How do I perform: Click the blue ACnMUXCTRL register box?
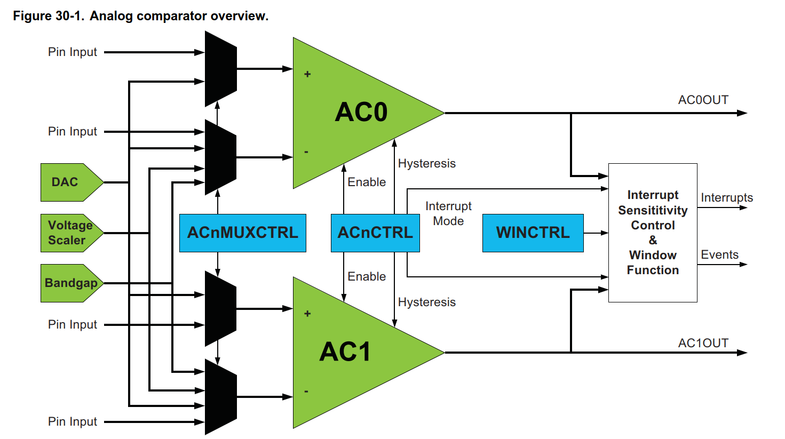click(243, 233)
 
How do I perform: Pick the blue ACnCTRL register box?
click(375, 233)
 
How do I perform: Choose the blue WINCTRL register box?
click(533, 233)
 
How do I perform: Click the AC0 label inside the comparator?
click(361, 113)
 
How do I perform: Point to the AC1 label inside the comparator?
click(345, 352)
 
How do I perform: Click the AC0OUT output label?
click(703, 100)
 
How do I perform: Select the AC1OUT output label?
click(703, 344)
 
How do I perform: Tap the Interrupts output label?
click(726, 198)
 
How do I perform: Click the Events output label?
click(719, 255)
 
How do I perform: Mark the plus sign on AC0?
click(307, 74)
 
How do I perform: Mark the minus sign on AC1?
click(306, 392)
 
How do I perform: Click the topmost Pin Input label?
click(73, 52)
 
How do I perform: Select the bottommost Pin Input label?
click(73, 422)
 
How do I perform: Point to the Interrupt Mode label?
click(448, 213)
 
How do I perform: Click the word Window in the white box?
click(653, 255)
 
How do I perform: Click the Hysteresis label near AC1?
click(427, 302)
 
